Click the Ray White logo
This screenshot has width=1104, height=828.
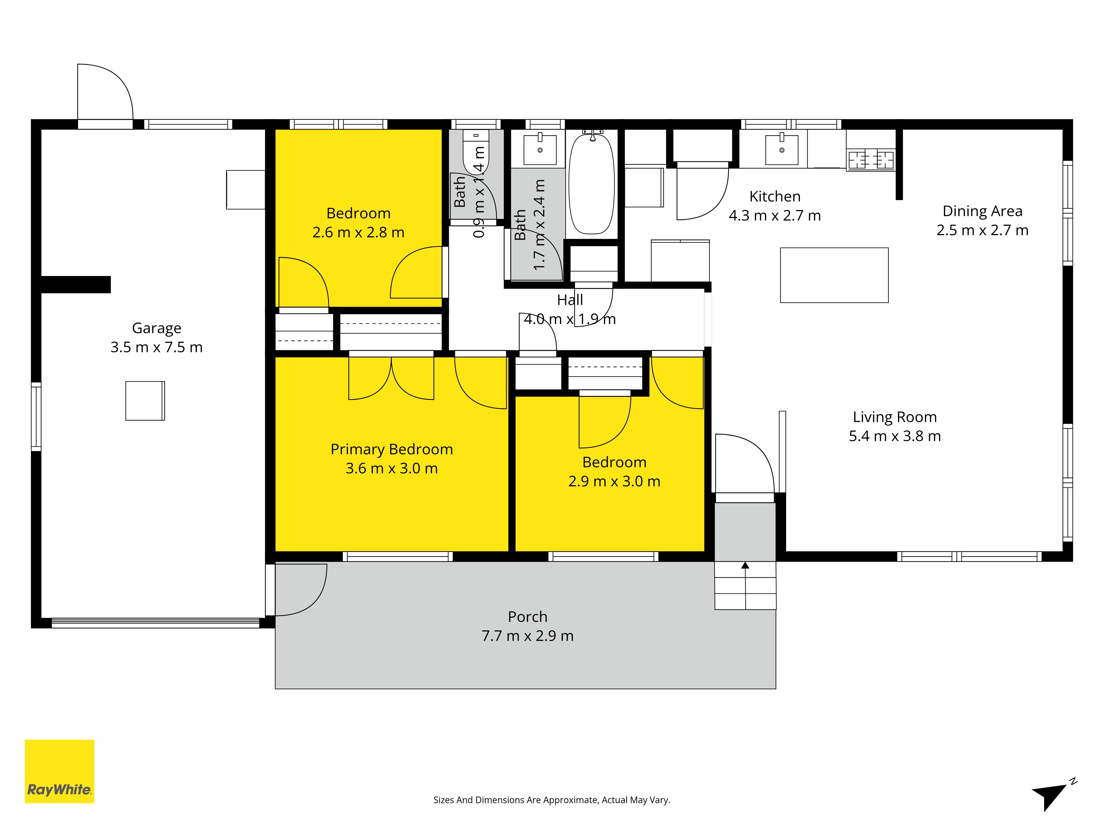click(59, 771)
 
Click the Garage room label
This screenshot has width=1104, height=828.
click(157, 328)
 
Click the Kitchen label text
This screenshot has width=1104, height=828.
click(775, 197)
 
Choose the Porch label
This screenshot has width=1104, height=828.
click(527, 617)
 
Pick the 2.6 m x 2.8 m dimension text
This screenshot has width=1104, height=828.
click(358, 233)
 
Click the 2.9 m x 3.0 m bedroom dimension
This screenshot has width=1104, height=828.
click(614, 482)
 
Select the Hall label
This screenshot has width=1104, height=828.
click(570, 300)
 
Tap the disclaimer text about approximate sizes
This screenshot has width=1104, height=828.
click(551, 800)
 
